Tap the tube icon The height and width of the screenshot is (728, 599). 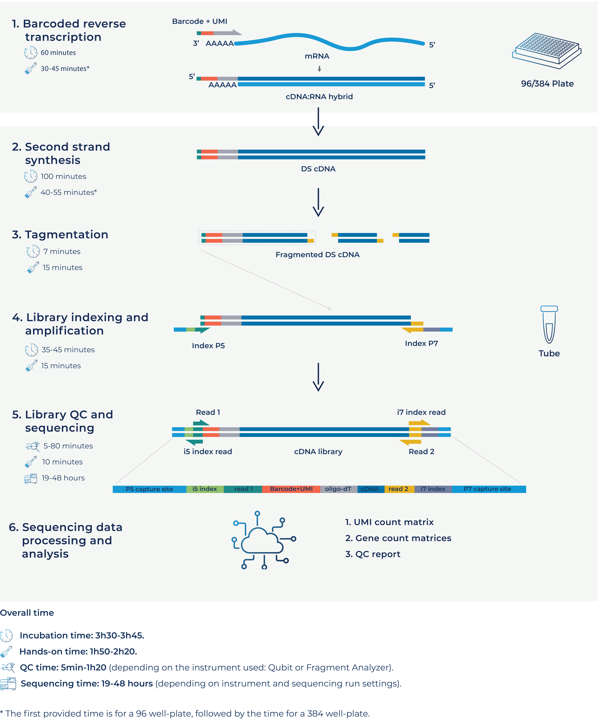point(549,325)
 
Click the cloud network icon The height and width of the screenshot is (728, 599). point(263,540)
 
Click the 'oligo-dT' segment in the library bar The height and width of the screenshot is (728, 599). point(338,489)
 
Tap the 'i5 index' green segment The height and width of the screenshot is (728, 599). point(205,489)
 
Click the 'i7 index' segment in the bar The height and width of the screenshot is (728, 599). point(433,489)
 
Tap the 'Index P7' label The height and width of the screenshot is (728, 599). point(421,343)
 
